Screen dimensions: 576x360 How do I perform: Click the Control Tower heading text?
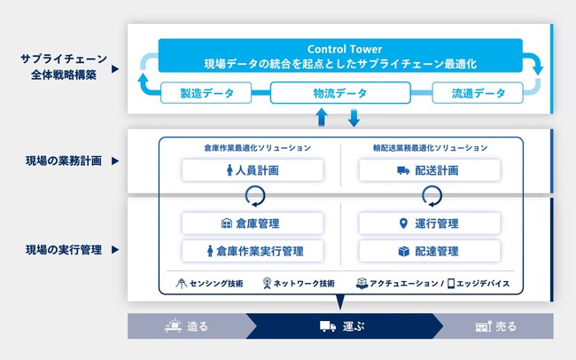[x=345, y=49]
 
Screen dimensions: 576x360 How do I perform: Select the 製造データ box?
[x=206, y=93]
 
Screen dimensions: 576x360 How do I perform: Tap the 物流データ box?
[x=340, y=93]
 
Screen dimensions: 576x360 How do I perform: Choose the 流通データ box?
[x=478, y=93]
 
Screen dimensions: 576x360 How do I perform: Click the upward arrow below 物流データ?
[x=322, y=117]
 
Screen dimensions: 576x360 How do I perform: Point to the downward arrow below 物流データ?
[x=354, y=118]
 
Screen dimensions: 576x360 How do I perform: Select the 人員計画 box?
[x=253, y=170]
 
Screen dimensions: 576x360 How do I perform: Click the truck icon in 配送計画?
[x=403, y=170]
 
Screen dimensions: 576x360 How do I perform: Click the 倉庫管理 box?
[x=253, y=223]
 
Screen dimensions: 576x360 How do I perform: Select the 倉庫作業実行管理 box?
[x=253, y=251]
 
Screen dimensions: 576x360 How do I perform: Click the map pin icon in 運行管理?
[x=403, y=223]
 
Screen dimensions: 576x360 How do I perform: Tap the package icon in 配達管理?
[x=404, y=251]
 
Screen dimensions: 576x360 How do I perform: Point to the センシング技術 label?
[x=216, y=284]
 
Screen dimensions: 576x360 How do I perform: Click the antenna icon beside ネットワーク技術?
[x=267, y=283]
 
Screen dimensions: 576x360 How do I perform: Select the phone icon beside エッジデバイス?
[x=451, y=283]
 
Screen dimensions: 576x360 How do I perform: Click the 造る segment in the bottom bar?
[x=187, y=326]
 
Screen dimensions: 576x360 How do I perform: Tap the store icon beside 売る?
[x=483, y=326]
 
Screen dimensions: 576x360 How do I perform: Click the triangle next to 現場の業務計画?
[x=115, y=160]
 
